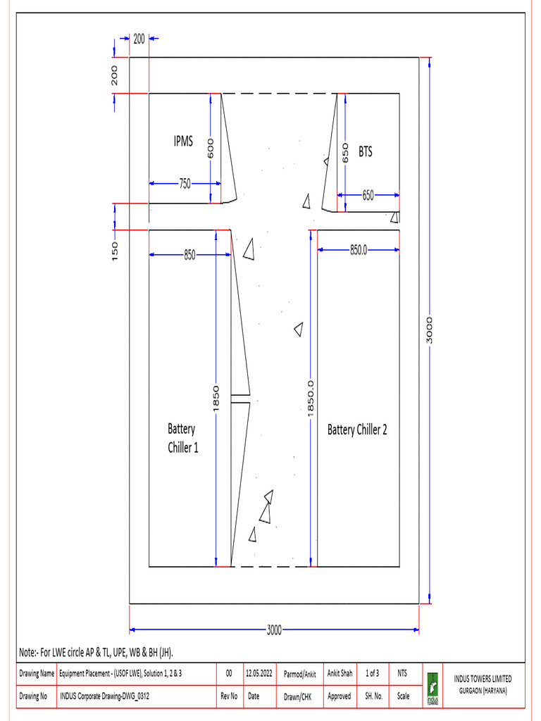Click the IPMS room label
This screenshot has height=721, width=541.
coord(183,142)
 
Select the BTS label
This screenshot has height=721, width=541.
coord(366,151)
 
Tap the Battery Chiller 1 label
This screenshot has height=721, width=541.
coord(182,437)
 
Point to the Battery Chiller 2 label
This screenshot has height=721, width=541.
coord(357,430)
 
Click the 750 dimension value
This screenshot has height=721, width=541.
coord(184,184)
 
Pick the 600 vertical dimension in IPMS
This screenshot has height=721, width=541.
coord(210,146)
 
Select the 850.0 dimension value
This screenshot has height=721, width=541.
coord(359,249)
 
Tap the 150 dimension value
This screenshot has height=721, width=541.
coord(116,251)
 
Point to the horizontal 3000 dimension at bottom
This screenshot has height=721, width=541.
coord(274,629)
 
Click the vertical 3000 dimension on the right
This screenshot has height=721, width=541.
coord(430,329)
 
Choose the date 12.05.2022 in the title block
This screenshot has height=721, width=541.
coord(260,674)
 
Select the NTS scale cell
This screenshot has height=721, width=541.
coord(402,674)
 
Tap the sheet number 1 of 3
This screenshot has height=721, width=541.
coord(373,674)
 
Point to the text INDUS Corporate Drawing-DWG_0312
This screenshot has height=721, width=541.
coord(105,696)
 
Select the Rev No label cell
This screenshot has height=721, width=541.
coord(228,696)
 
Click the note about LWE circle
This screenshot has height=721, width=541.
coord(96,651)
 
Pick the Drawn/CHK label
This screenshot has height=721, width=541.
coord(298,696)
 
